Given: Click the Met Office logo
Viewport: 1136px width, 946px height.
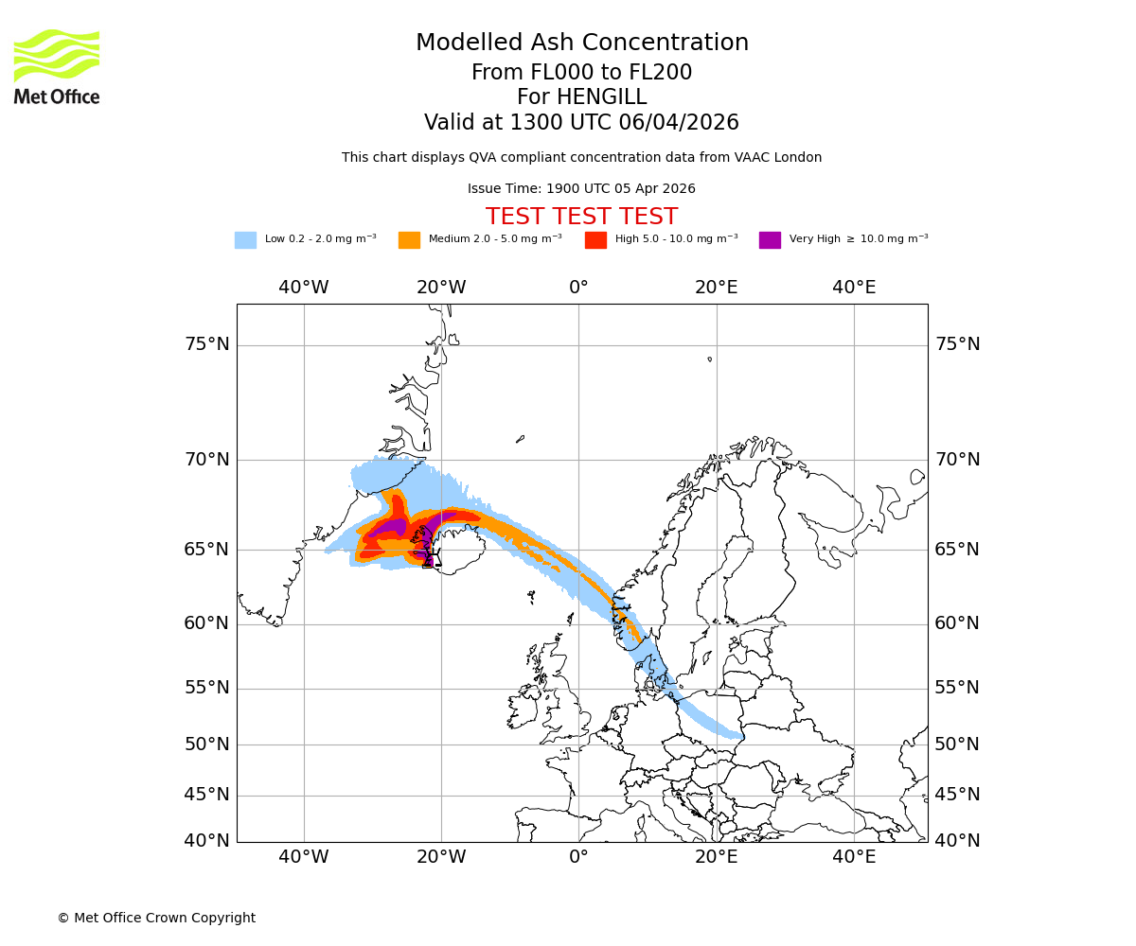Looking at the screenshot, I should tap(57, 66).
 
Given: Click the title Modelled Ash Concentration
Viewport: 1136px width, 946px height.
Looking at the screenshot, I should tap(581, 44).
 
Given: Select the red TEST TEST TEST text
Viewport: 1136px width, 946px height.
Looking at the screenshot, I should tap(581, 218).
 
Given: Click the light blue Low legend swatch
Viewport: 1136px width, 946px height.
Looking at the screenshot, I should tap(245, 240).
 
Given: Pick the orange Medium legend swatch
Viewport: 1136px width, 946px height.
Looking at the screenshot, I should tap(409, 240).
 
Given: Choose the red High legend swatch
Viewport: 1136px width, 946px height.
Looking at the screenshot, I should tap(595, 240).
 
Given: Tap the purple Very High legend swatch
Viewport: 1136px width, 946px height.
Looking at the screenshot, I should tap(770, 240).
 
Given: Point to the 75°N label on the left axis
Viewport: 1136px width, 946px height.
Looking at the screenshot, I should tap(206, 344).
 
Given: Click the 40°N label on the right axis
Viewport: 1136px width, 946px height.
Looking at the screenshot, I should tap(957, 840).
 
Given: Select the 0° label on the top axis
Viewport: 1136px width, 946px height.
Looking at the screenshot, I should tap(578, 288).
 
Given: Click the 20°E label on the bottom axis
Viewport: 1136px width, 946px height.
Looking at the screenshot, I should tap(717, 857).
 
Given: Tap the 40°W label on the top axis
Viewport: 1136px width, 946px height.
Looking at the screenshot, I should tap(304, 288).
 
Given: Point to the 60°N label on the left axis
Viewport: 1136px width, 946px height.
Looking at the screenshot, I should tap(206, 623).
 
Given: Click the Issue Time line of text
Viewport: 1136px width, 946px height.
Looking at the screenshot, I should tap(581, 189).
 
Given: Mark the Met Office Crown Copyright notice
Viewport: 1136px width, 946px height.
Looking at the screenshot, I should tap(156, 919).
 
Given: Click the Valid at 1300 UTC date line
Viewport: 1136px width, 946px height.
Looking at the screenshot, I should tap(581, 123).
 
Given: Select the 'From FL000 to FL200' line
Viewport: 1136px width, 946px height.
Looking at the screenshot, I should tap(581, 73).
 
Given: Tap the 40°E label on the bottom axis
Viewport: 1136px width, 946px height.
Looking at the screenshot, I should tap(854, 857).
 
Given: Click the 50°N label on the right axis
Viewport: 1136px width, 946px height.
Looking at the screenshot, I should tap(957, 745).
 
